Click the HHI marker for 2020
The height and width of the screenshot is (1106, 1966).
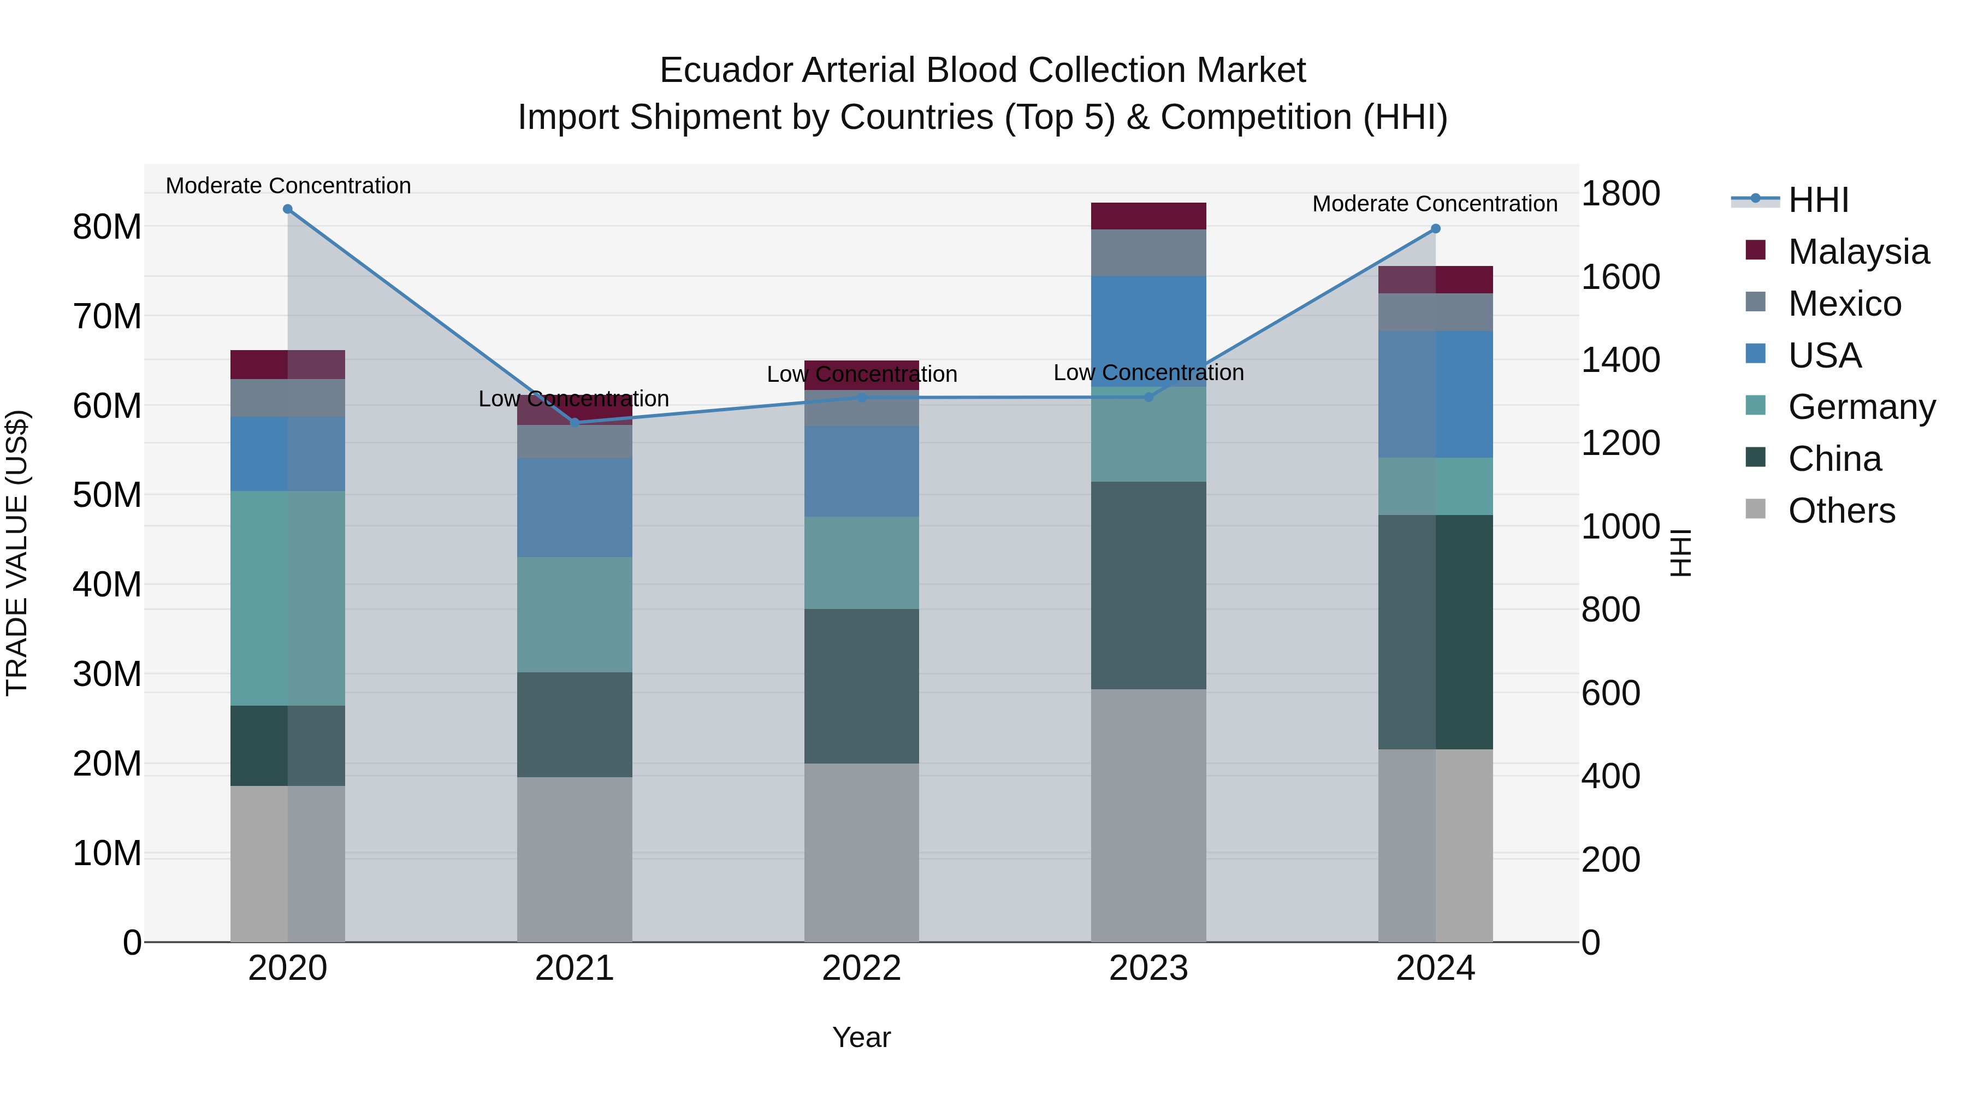(288, 209)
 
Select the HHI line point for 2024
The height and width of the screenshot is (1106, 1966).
(1436, 229)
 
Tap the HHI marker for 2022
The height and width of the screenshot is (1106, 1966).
(862, 398)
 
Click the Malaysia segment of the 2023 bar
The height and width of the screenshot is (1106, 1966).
(1148, 216)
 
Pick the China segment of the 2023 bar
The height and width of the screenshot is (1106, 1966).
(1148, 585)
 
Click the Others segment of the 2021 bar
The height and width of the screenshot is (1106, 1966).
(575, 860)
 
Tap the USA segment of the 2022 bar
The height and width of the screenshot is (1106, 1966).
(862, 472)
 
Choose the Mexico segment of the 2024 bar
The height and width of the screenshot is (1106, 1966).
(1436, 312)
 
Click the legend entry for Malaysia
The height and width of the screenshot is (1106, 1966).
(1858, 252)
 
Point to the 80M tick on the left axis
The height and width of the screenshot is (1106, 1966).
(107, 227)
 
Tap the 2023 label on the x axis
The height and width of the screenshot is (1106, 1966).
(1148, 968)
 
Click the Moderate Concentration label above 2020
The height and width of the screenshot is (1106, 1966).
(288, 186)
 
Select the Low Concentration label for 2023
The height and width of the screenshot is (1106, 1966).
(1148, 372)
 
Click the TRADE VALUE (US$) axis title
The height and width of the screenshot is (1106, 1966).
(17, 553)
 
